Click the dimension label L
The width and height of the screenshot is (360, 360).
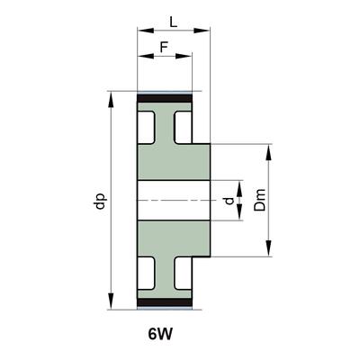[x=174, y=22]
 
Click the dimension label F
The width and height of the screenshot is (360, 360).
[x=164, y=47]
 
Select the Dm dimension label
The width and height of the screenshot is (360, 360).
[x=260, y=200]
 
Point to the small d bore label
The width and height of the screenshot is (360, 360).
[x=229, y=201]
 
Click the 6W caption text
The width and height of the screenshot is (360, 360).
[x=160, y=334]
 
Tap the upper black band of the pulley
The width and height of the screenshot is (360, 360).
[x=165, y=98]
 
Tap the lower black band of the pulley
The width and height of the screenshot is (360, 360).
[x=165, y=302]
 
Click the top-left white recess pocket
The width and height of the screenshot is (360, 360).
[x=146, y=128]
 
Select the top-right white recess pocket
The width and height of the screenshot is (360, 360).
[x=183, y=128]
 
